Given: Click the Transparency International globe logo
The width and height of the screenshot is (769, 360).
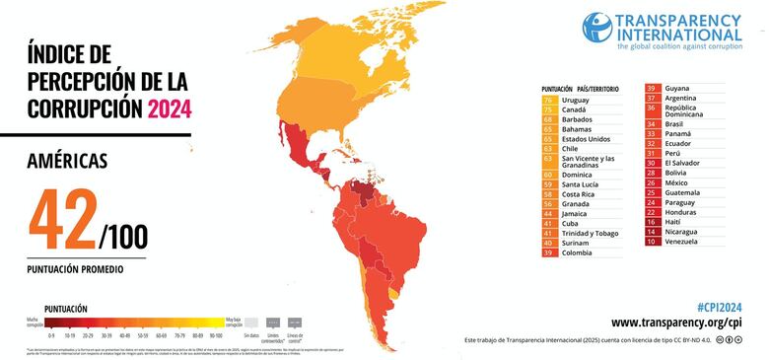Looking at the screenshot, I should [596, 28].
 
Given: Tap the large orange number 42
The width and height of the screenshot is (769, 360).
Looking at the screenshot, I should [64, 217].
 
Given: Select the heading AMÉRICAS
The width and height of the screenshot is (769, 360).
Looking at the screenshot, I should [68, 160].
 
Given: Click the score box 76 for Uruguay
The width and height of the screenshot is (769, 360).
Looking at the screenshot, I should [547, 100].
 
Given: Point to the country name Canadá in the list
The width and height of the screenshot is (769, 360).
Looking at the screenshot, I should [576, 109].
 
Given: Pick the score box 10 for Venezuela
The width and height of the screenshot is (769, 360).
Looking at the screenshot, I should [651, 241].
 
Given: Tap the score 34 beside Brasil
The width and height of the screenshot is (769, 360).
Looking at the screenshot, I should [651, 124].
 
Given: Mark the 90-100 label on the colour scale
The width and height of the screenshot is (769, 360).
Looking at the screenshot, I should [214, 334].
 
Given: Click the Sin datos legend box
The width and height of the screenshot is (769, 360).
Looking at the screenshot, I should [251, 322].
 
